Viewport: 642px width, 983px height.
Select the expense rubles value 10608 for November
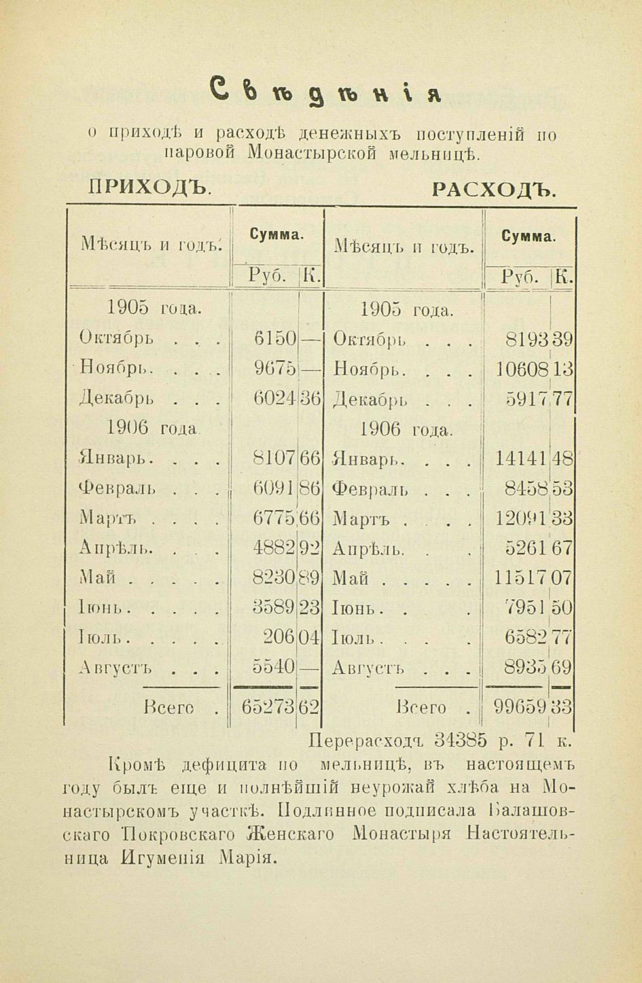coord(521,369)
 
